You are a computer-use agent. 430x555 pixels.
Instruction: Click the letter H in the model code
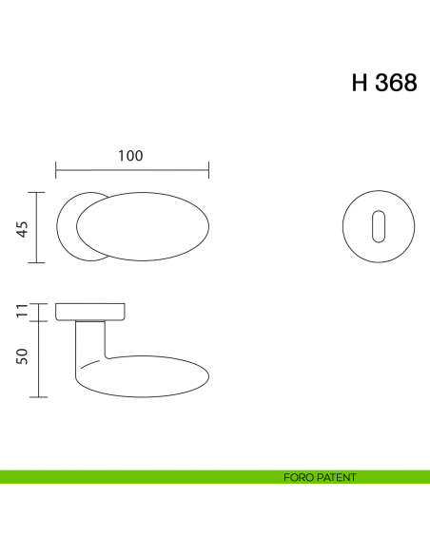pos(360,83)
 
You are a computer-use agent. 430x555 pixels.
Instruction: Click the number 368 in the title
pos(395,83)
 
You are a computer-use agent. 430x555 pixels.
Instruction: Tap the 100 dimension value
pos(131,156)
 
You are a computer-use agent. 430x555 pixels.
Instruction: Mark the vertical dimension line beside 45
pos(38,227)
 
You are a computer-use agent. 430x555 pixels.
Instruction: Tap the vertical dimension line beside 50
pos(38,359)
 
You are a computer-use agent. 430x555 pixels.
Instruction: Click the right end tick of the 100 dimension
pos(208,171)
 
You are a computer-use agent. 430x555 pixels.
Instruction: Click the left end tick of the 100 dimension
pos(56,171)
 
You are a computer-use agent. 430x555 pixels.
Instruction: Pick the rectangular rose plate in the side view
pos(92,312)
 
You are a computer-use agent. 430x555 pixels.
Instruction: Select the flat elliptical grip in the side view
pos(152,375)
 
